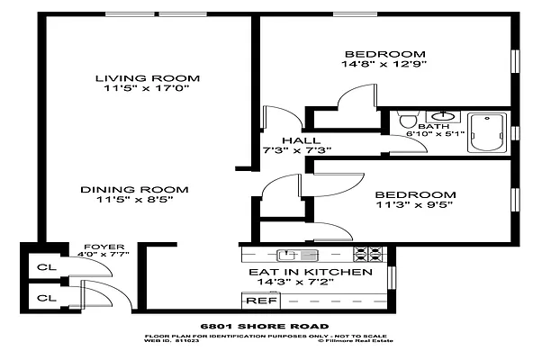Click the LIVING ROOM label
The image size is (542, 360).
pyautogui.click(x=148, y=78)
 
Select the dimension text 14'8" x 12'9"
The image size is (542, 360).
pyautogui.click(x=384, y=65)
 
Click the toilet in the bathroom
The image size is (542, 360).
pyautogui.click(x=407, y=120)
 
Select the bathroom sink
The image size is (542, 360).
pyautogui.click(x=443, y=116)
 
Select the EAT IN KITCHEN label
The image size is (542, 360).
pyautogui.click(x=310, y=272)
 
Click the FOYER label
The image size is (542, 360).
pyautogui.click(x=98, y=246)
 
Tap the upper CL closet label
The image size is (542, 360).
pyautogui.click(x=43, y=266)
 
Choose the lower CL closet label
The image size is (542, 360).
pyautogui.click(x=43, y=296)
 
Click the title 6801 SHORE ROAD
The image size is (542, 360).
pyautogui.click(x=263, y=326)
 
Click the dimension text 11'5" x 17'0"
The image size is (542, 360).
pyautogui.click(x=148, y=90)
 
